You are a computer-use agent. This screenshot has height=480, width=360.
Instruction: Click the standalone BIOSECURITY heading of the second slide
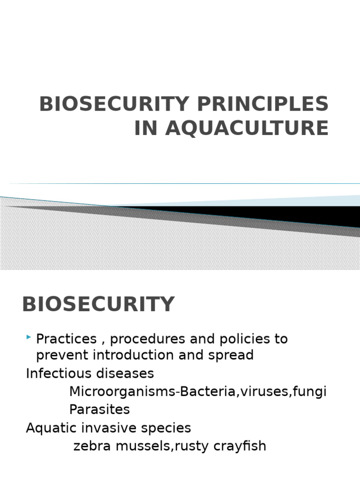coord(98,305)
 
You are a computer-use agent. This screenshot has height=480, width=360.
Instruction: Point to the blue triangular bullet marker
coord(30,337)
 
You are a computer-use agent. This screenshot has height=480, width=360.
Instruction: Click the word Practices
coord(67,339)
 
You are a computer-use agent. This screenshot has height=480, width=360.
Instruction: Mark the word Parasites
coord(99,409)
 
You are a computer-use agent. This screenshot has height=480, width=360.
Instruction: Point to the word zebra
coord(91,446)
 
